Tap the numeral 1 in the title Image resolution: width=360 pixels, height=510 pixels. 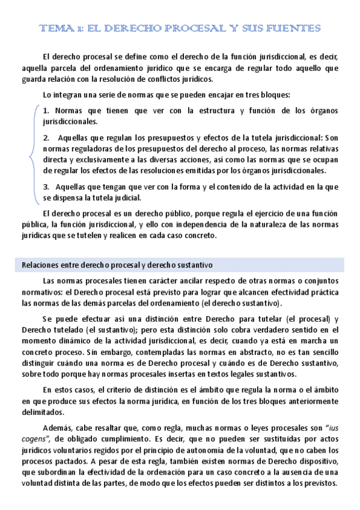tap(80, 28)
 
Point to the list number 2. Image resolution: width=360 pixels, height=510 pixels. tap(46, 137)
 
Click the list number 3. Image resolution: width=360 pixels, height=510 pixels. tap(46, 187)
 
